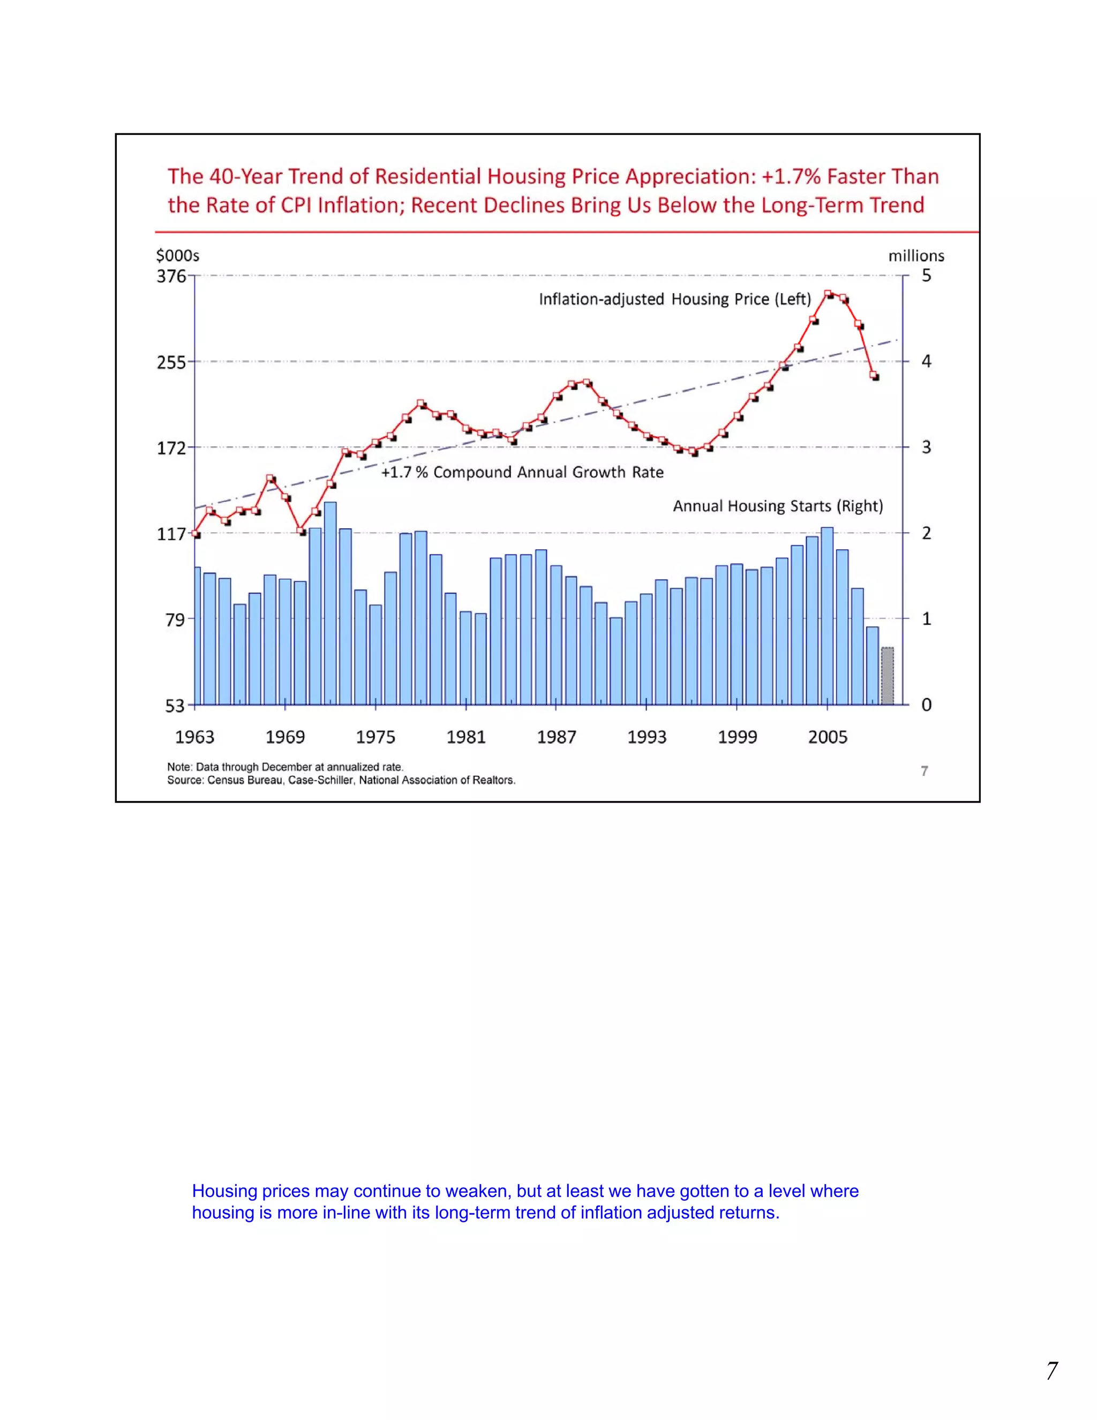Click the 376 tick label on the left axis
pyautogui.click(x=171, y=276)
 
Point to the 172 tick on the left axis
pyautogui.click(x=171, y=448)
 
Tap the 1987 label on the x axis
pyautogui.click(x=557, y=737)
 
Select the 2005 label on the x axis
pyautogui.click(x=827, y=737)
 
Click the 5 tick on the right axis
pyautogui.click(x=926, y=275)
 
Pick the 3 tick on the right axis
pyautogui.click(x=926, y=447)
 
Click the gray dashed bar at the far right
pyautogui.click(x=887, y=676)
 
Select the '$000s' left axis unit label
pyautogui.click(x=177, y=256)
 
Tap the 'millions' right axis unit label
pyautogui.click(x=915, y=256)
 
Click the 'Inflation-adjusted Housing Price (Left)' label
pyautogui.click(x=674, y=299)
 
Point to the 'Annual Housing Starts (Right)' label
pyautogui.click(x=777, y=506)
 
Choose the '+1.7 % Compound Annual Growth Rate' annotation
pyautogui.click(x=522, y=472)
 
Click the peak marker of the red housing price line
pyautogui.click(x=828, y=294)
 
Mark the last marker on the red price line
pyautogui.click(x=874, y=375)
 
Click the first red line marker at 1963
pyautogui.click(x=196, y=533)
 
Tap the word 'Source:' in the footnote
pyautogui.click(x=185, y=780)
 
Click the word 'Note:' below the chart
pyautogui.click(x=180, y=767)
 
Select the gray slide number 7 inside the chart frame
pyautogui.click(x=924, y=771)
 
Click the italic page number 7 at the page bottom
pyautogui.click(x=1051, y=1371)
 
